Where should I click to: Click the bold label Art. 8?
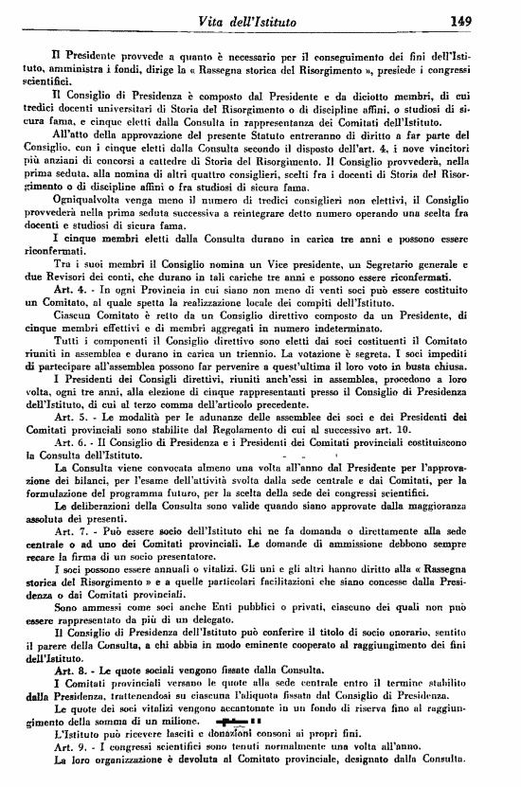pos(69,696)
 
